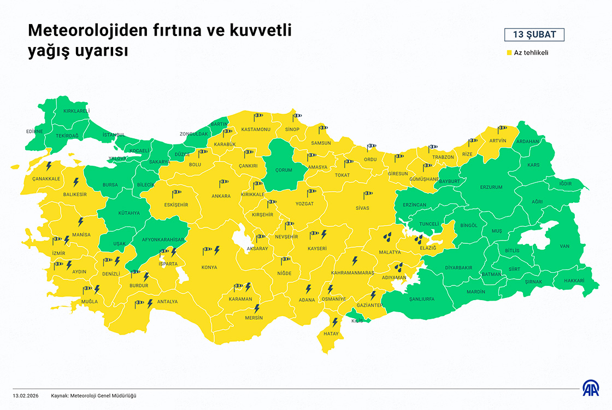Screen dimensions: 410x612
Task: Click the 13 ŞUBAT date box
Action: [534, 35]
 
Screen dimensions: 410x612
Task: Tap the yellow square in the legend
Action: [508, 53]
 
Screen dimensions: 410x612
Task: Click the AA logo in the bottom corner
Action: [591, 388]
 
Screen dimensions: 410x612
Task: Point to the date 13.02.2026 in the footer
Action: [26, 395]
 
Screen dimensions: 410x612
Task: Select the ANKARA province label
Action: [221, 196]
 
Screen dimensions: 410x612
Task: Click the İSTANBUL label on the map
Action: [114, 134]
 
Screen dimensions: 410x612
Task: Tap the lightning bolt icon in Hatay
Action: [335, 322]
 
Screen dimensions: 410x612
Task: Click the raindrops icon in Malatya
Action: [387, 237]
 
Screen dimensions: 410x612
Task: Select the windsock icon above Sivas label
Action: [367, 194]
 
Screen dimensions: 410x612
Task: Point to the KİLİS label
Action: [357, 321]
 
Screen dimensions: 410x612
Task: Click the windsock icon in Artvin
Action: [502, 129]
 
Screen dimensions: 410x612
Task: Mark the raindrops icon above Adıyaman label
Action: [399, 267]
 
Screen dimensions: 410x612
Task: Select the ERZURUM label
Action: [491, 188]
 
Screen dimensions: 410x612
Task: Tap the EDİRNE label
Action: [34, 131]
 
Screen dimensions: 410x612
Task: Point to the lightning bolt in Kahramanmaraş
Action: [354, 261]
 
